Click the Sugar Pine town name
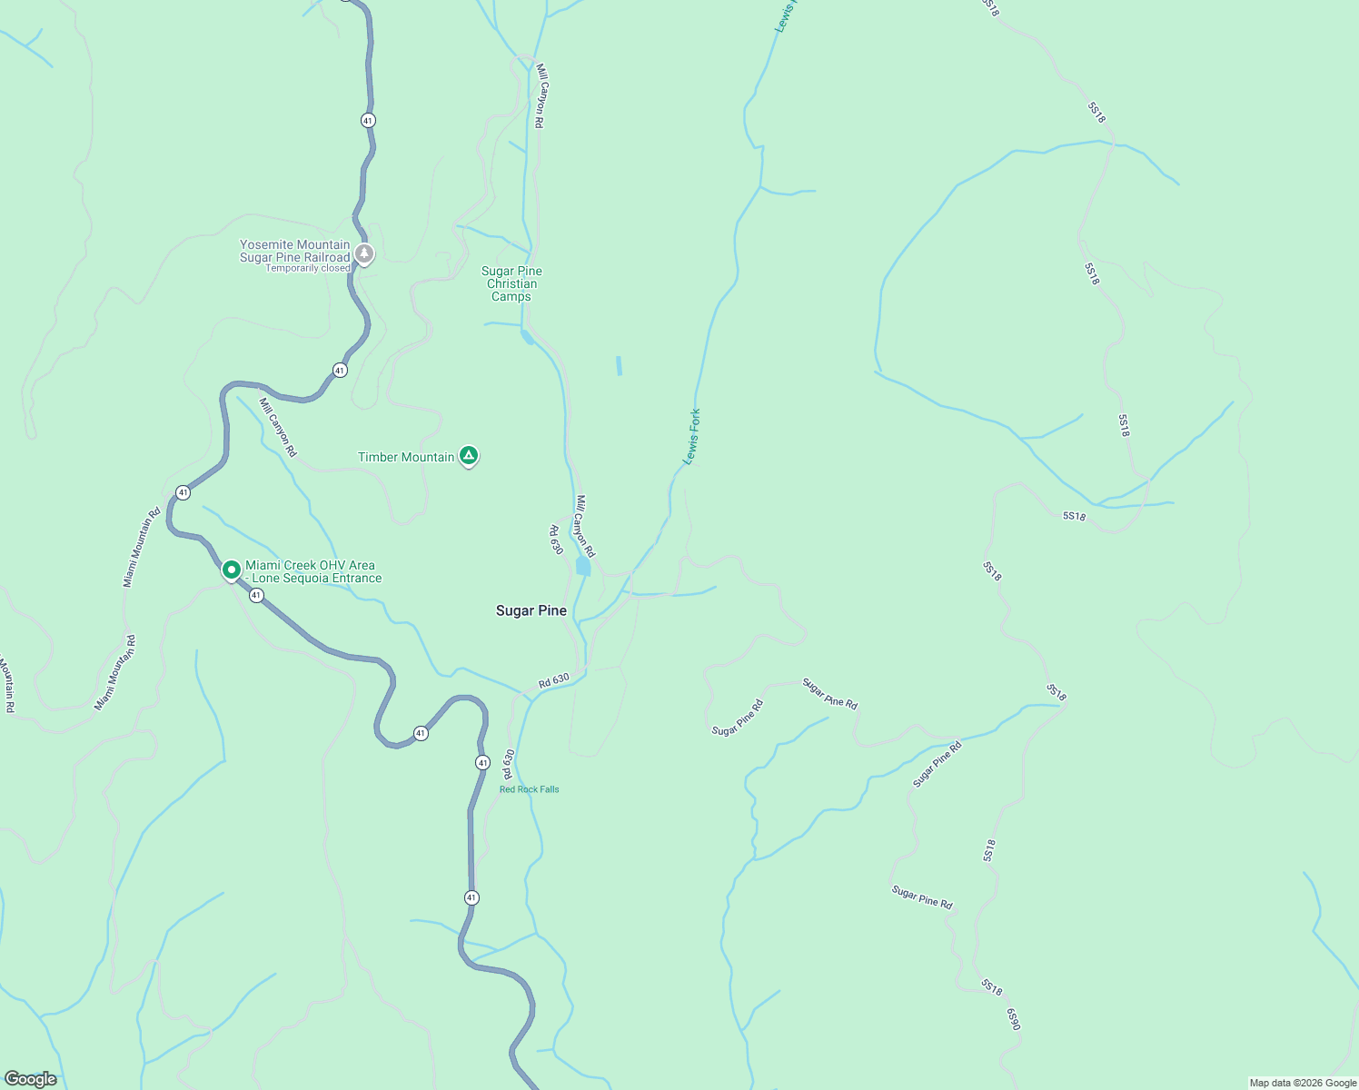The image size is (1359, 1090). [531, 610]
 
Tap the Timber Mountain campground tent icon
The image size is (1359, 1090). [469, 456]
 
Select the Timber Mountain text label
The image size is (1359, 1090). [406, 457]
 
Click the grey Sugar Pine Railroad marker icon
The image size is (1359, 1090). [364, 253]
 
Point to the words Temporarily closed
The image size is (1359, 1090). [307, 269]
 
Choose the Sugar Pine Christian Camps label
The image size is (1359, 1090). [511, 283]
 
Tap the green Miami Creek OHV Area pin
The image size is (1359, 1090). [232, 570]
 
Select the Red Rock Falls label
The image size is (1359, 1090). [530, 789]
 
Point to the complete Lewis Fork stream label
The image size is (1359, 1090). [692, 437]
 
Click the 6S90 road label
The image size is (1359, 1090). [1014, 1018]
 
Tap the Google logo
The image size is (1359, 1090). [31, 1079]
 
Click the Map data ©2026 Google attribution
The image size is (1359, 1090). [1303, 1083]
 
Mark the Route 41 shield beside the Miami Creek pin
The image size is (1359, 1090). [256, 596]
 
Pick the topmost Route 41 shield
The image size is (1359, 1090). [367, 120]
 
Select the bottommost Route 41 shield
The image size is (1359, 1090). [471, 897]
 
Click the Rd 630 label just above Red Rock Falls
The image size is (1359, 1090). [509, 764]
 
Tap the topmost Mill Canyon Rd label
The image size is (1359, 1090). [540, 95]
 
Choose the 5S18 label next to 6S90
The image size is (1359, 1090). [991, 987]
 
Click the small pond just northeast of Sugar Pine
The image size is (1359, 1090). [583, 567]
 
